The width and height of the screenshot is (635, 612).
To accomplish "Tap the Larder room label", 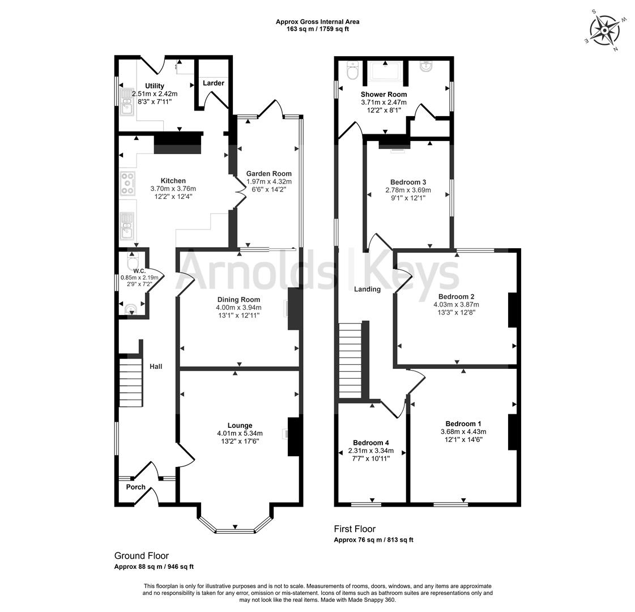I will [214, 83].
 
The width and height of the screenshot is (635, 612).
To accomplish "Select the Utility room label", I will [154, 86].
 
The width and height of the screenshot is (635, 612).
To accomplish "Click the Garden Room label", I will [269, 174].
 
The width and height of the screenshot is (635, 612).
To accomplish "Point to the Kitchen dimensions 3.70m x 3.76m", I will [173, 189].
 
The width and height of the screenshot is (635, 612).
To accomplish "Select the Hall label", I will [156, 367].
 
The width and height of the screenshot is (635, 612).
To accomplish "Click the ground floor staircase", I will [131, 381].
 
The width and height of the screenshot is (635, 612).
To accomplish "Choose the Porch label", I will [135, 487].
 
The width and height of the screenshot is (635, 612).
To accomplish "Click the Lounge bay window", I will [235, 529].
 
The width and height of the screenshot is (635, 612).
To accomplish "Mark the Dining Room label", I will [238, 300].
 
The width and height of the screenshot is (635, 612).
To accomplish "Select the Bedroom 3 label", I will [408, 182].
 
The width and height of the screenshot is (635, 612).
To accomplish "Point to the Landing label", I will [367, 290].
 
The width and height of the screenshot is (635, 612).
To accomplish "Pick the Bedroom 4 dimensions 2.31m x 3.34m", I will [370, 451].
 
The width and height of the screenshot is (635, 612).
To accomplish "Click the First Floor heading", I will [355, 529].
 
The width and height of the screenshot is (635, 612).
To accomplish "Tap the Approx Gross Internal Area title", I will [317, 22].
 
